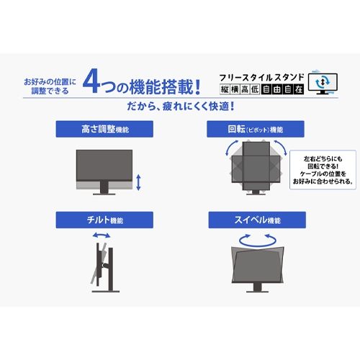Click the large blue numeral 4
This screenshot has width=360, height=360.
(x=91, y=81)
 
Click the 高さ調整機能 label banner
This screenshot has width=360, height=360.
(x=104, y=129)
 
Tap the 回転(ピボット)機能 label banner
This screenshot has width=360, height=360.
(x=256, y=129)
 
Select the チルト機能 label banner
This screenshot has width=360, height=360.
(x=104, y=220)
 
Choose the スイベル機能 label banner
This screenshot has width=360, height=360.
(x=257, y=220)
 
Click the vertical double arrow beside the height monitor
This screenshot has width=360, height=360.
(x=138, y=182)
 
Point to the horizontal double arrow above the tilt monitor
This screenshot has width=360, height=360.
(x=102, y=235)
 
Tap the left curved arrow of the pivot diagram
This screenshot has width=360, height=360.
(x=231, y=147)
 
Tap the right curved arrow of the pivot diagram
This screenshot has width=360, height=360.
(x=282, y=147)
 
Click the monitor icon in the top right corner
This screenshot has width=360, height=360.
(x=323, y=83)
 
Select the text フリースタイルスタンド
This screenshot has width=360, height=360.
(x=261, y=78)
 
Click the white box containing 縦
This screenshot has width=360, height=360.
(x=225, y=89)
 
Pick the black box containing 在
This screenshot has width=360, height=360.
(x=299, y=89)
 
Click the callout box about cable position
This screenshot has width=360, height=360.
(x=323, y=170)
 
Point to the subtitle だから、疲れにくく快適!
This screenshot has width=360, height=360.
(x=181, y=107)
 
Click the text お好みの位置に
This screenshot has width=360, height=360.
(x=50, y=82)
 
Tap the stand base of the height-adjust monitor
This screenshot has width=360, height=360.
(x=104, y=194)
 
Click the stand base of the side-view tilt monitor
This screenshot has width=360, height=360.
(x=106, y=292)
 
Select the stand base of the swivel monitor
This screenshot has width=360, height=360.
(x=257, y=292)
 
